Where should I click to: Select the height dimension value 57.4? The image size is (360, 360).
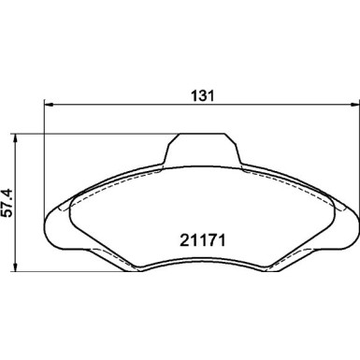coord(8,202)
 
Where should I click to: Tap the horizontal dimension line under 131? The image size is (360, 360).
coord(201,106)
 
